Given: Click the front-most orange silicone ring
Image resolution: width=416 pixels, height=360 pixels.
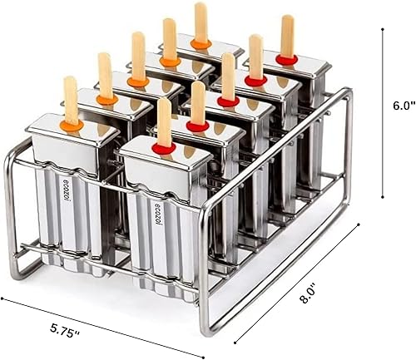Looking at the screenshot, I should pos(72,125).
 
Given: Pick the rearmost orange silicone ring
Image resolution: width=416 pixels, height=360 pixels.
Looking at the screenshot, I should pos(201,42).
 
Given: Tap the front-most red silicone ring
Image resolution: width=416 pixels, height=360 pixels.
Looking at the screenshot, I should pos(165,149).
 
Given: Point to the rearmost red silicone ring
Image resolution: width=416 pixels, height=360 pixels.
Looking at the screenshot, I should pos(287,59).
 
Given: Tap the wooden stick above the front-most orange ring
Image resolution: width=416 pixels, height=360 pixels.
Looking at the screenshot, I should pos(71,98).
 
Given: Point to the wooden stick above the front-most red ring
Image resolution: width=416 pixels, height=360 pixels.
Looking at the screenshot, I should pos(165,121).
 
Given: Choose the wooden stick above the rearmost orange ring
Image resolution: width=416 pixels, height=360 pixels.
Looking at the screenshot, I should pos(201,21).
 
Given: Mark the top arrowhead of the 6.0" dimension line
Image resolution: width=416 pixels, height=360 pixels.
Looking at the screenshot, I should pos(383,29).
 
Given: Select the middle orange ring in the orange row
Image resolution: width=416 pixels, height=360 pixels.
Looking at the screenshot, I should pos(138,81).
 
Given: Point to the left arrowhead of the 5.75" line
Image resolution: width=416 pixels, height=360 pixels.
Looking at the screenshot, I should pos(4,298).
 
